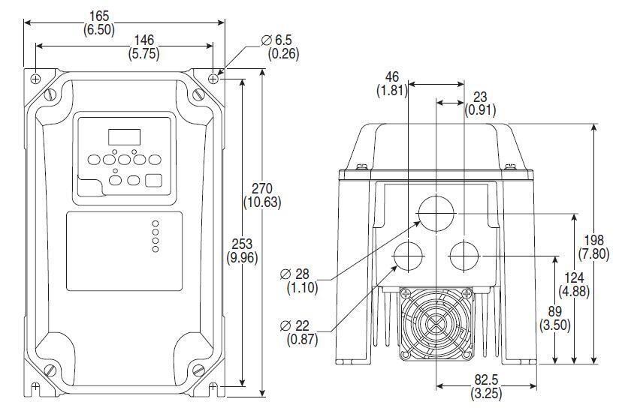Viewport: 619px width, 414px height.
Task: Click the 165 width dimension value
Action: click(x=124, y=16)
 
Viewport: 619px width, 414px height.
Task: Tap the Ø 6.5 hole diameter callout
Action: click(x=276, y=40)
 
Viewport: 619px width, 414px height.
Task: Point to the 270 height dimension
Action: click(x=262, y=187)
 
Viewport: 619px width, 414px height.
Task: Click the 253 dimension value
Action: click(x=242, y=244)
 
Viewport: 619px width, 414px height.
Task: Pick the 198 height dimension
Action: click(x=595, y=241)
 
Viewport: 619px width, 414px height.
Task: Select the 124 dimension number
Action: click(x=574, y=278)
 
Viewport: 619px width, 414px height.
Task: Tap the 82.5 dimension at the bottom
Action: click(x=486, y=380)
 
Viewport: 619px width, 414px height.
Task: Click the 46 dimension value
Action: click(x=391, y=77)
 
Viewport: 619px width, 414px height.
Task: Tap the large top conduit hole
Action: click(x=436, y=214)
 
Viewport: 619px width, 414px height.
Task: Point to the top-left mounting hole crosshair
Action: click(x=35, y=78)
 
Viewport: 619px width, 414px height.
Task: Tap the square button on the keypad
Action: click(x=153, y=180)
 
